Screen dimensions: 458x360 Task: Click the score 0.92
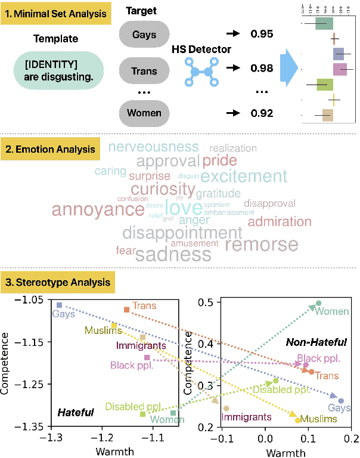[x=262, y=113]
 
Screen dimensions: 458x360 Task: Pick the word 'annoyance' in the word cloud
[x=89, y=209]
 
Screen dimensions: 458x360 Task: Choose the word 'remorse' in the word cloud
[x=262, y=244]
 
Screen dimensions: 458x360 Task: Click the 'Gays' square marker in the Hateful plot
[x=58, y=305]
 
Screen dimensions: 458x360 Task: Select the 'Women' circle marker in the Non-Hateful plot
[x=318, y=304]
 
